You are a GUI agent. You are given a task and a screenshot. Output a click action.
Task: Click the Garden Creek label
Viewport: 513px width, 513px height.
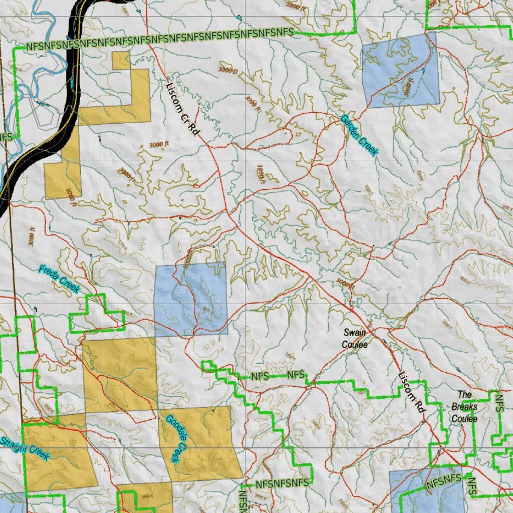359,136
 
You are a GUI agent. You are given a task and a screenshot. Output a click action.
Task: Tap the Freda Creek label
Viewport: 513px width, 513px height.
59,279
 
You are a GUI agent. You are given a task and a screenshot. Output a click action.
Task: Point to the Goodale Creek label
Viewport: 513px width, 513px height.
176,438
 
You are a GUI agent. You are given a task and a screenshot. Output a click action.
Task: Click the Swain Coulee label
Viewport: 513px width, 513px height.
355,339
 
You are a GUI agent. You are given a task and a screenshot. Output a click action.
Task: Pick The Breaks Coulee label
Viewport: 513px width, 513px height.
464,407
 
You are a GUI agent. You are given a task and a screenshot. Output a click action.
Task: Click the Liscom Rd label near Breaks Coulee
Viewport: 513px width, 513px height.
412,392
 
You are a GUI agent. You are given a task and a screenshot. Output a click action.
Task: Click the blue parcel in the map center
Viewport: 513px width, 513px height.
190,299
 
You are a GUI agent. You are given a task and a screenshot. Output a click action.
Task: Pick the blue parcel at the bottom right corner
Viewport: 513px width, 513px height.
431,493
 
